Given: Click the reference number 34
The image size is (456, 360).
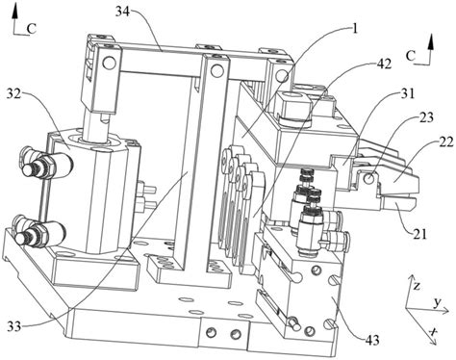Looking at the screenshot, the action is [x=122, y=13].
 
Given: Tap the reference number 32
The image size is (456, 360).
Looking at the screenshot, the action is [x=13, y=93].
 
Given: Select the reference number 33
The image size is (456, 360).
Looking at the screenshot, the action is [x=14, y=326].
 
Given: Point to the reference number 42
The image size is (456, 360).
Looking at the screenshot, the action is [x=384, y=64].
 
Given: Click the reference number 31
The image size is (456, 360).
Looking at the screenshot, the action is [x=408, y=94].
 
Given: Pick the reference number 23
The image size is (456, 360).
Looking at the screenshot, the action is [x=426, y=117].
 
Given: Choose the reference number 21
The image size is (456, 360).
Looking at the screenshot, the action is [x=420, y=234].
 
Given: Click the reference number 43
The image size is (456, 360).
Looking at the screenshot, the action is [x=372, y=340].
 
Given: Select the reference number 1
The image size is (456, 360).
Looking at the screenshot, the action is [x=354, y=29].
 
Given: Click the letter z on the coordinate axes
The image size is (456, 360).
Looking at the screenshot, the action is [x=417, y=286].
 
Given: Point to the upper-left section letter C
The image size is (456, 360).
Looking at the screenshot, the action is [x=32, y=29].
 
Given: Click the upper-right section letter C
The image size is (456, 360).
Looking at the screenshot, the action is [x=411, y=56].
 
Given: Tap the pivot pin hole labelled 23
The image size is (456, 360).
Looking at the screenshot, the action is [x=370, y=178].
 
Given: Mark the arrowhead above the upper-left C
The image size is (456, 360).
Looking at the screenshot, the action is [x=14, y=13].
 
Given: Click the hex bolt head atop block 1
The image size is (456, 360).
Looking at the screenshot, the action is [x=292, y=106].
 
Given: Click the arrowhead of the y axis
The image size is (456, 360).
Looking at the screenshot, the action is [x=444, y=310].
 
